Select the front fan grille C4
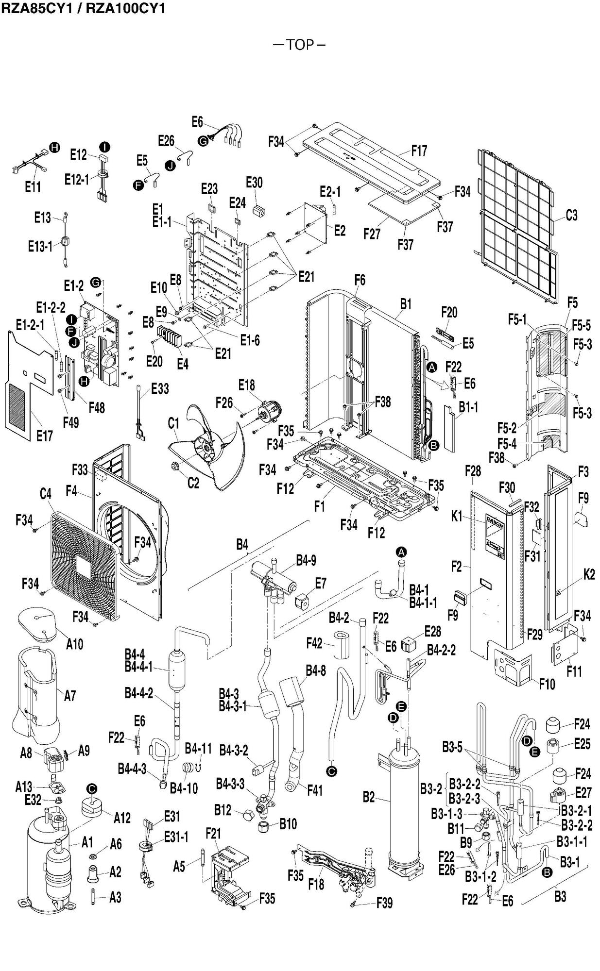[x=85, y=565]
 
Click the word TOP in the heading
[x=300, y=45]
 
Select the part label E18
[x=246, y=385]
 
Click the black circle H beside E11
[x=55, y=148]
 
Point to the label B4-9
[x=306, y=560]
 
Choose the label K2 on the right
[x=589, y=574]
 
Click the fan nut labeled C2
[x=174, y=468]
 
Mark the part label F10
[x=547, y=684]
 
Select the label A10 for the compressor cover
[x=74, y=644]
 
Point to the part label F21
[x=213, y=834]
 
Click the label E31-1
[x=176, y=837]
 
